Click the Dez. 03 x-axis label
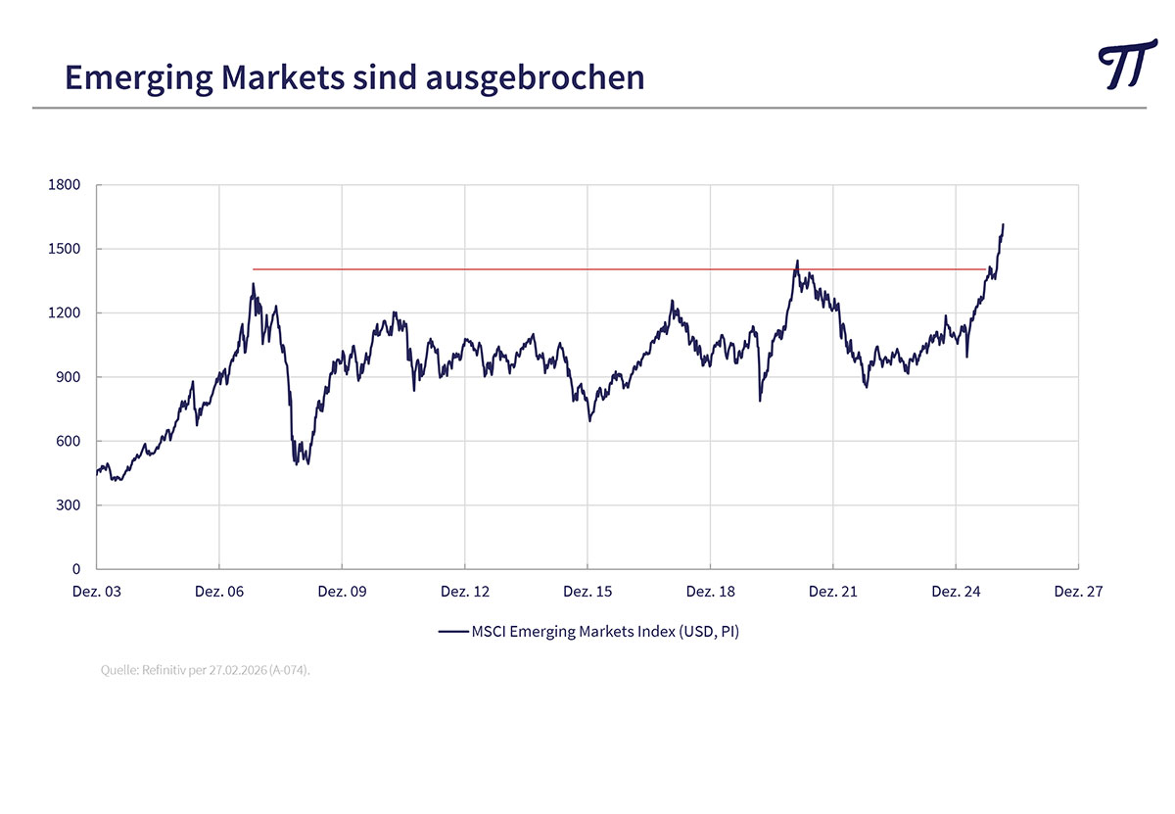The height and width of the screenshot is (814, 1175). point(96,592)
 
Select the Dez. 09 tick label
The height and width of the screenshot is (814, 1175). point(342,592)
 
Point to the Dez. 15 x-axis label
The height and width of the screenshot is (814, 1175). point(587,592)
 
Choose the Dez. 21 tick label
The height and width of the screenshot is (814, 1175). point(832,592)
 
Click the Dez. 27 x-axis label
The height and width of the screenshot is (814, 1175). point(1078,592)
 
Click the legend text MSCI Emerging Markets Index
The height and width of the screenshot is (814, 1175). point(605,632)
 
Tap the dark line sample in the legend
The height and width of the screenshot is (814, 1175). point(452,632)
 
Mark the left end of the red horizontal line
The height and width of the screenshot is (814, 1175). point(254,269)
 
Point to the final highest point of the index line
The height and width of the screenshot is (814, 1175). point(1003,224)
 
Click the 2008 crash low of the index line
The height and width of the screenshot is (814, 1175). point(296,463)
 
